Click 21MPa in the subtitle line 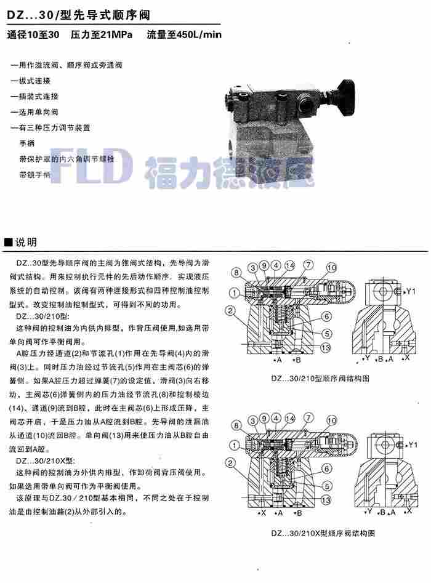(115, 34)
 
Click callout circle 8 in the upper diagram (236, 272)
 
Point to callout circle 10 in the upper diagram (331, 267)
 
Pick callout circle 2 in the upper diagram (230, 310)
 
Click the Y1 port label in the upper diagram (411, 291)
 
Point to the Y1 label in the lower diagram (412, 444)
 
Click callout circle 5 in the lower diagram (327, 485)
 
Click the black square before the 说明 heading (8, 241)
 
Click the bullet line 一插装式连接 (35, 97)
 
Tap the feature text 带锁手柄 (35, 175)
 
